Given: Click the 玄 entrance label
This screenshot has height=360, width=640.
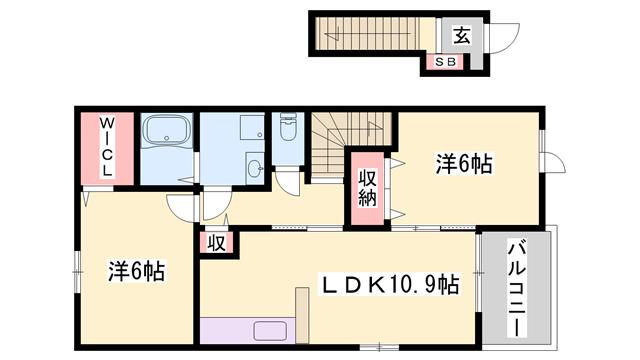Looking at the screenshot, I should pyautogui.click(x=461, y=36).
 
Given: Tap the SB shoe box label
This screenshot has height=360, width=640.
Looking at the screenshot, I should pyautogui.click(x=444, y=62).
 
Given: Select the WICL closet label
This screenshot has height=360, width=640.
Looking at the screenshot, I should pyautogui.click(x=106, y=149).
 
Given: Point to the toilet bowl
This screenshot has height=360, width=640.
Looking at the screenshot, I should pyautogui.click(x=288, y=130).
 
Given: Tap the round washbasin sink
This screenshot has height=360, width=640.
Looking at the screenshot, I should pyautogui.click(x=253, y=167).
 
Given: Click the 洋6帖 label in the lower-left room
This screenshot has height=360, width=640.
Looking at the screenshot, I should pyautogui.click(x=136, y=270).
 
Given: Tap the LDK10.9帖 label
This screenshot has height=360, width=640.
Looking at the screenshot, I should pyautogui.click(x=388, y=286).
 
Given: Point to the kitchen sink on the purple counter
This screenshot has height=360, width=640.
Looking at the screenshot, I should pyautogui.click(x=270, y=331).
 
